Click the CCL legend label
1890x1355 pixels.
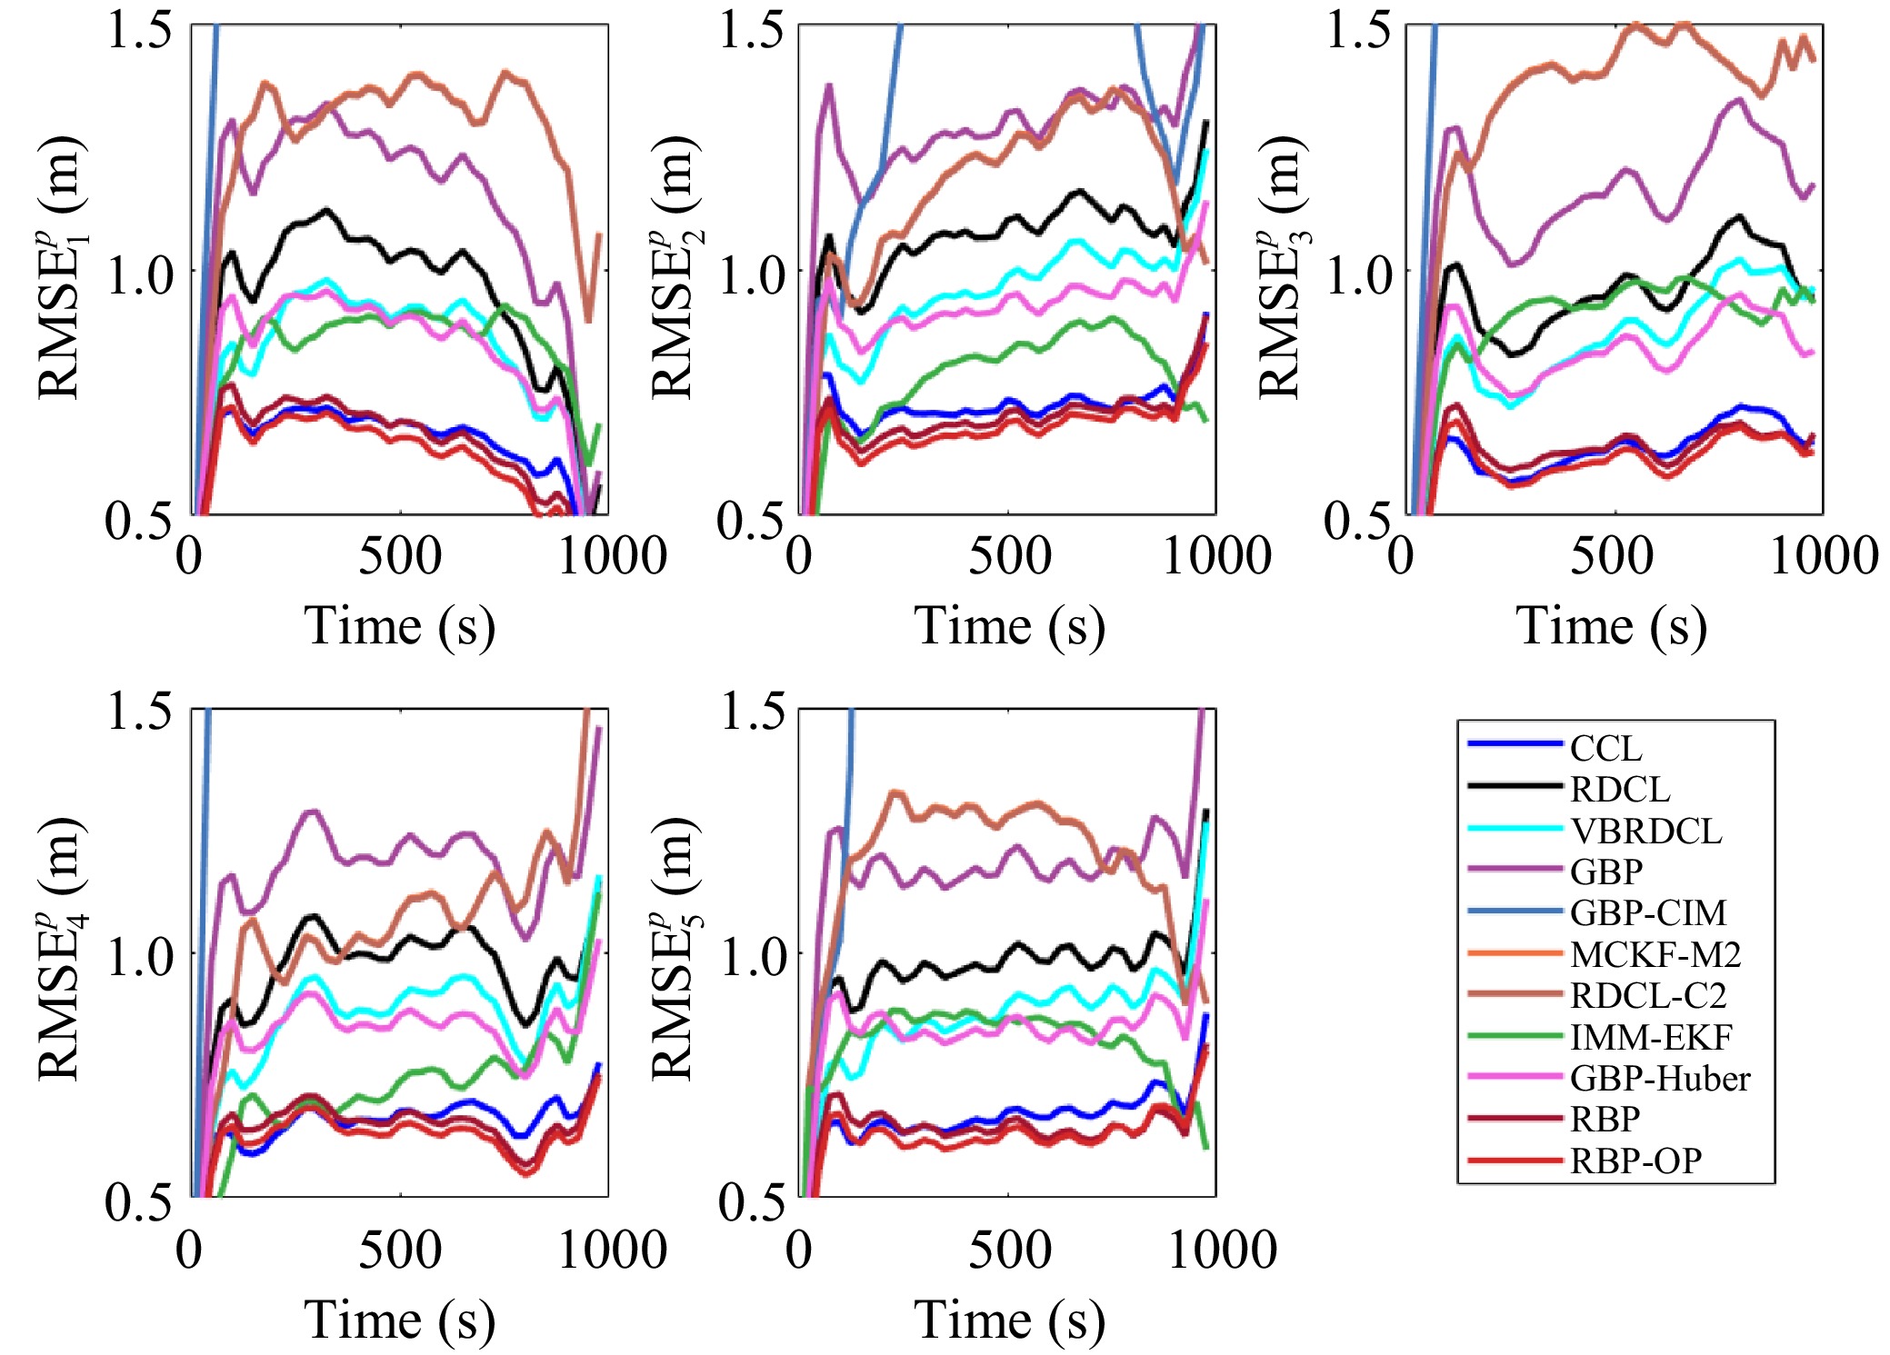tap(1606, 749)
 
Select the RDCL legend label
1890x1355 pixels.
tap(1620, 790)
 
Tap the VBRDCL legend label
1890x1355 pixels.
tap(1646, 831)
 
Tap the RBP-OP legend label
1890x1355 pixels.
tap(1635, 1161)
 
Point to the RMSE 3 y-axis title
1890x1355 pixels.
tap(1282, 269)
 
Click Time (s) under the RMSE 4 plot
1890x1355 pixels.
tap(399, 1320)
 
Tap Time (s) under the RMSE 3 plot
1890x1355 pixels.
tap(1611, 626)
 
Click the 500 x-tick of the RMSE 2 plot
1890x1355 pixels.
tap(1009, 556)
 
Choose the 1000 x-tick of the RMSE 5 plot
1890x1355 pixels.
tap(1222, 1250)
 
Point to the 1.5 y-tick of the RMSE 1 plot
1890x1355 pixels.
tap(138, 29)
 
